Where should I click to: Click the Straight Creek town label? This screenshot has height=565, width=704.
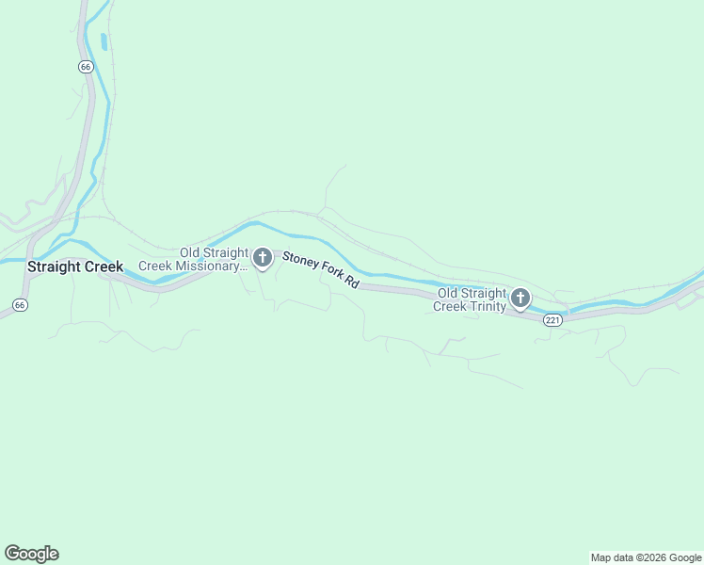click(75, 266)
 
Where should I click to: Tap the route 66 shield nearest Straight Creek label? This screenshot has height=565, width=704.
click(20, 304)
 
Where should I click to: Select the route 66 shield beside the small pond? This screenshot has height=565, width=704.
click(86, 66)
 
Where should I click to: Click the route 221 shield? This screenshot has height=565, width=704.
click(552, 320)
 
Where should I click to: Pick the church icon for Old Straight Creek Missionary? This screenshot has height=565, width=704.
click(263, 258)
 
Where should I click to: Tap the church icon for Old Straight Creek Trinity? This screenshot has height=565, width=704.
click(520, 299)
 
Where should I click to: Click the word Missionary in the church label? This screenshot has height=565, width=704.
click(205, 266)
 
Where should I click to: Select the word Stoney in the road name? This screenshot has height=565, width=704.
click(301, 261)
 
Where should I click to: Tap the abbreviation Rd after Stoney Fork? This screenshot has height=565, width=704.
click(353, 282)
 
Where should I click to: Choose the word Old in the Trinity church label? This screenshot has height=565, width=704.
click(448, 293)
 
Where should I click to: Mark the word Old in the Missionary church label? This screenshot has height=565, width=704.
click(191, 252)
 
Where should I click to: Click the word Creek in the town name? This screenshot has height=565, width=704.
click(104, 266)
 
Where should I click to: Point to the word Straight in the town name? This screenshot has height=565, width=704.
click(56, 266)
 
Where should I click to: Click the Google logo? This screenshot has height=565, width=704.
click(31, 554)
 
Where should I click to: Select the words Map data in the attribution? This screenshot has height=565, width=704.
click(612, 558)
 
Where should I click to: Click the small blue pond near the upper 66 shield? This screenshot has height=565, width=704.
click(103, 41)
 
